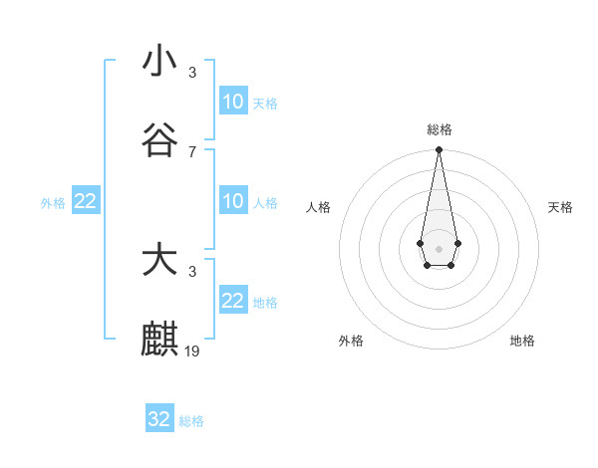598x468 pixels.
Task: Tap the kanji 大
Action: [x=159, y=261]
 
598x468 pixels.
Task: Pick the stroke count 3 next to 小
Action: [x=192, y=72]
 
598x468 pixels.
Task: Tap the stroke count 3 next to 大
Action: [x=192, y=271]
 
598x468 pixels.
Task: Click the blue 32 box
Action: [x=159, y=419]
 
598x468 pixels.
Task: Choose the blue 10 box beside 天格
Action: [x=233, y=102]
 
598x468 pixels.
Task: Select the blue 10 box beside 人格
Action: [x=233, y=202]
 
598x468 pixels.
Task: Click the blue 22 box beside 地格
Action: [x=233, y=301]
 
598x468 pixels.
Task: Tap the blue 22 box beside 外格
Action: [x=86, y=202]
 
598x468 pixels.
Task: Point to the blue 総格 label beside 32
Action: [x=191, y=421]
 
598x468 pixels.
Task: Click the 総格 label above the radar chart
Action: [x=439, y=129]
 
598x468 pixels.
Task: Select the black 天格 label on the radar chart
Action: [x=560, y=207]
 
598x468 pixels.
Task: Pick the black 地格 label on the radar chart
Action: [x=522, y=341]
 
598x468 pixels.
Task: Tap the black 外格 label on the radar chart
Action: [x=351, y=341]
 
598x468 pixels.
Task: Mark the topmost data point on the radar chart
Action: [x=439, y=150]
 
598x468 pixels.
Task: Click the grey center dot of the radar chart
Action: [x=439, y=247]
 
